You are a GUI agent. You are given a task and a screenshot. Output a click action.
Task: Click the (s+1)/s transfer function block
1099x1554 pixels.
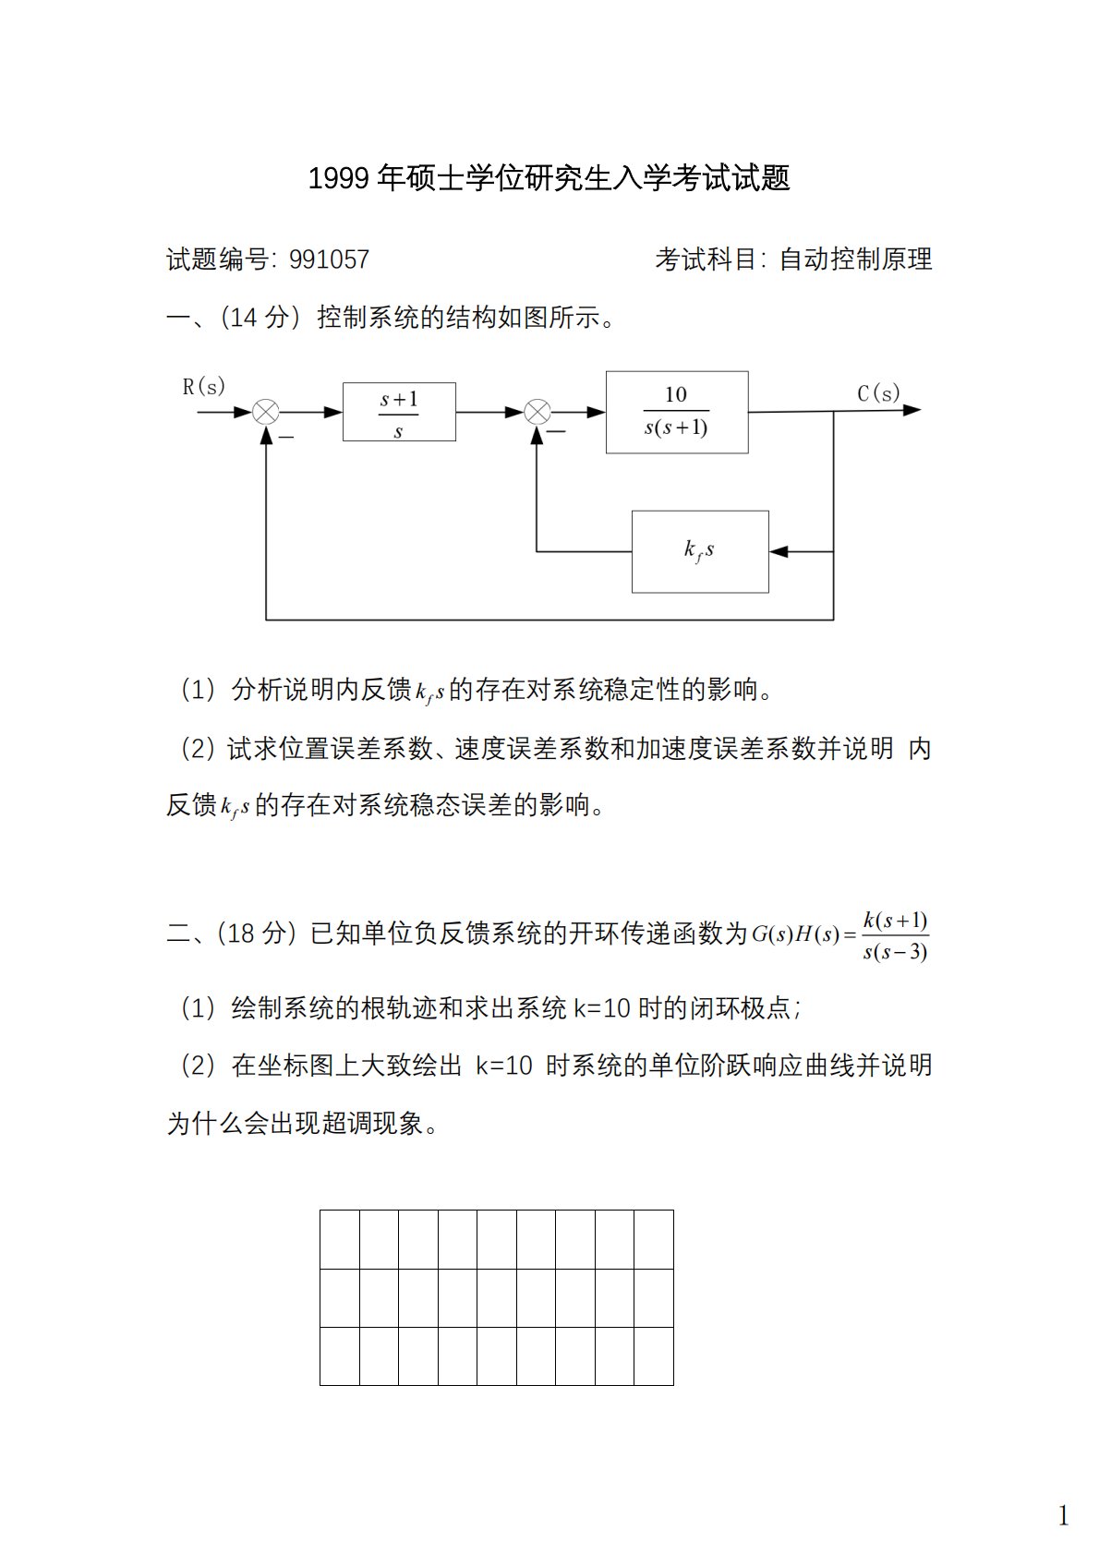point(399,412)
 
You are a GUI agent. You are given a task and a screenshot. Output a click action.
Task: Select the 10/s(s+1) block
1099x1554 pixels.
point(677,412)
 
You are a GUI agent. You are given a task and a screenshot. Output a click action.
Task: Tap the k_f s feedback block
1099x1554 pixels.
point(700,551)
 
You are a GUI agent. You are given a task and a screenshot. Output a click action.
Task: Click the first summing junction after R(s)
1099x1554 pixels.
point(266,412)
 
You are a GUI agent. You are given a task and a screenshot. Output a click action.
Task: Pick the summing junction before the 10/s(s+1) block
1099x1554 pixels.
point(537,412)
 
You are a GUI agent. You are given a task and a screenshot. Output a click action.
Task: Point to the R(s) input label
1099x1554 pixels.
point(203,387)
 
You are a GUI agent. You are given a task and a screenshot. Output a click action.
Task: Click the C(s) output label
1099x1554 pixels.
point(878,393)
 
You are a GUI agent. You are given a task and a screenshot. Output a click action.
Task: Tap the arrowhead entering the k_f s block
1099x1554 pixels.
point(779,551)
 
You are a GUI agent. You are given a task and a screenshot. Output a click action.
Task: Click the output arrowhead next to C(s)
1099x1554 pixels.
point(912,410)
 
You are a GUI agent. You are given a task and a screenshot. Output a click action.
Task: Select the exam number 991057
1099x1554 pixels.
point(329,259)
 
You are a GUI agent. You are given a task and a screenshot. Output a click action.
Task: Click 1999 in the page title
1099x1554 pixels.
point(340,178)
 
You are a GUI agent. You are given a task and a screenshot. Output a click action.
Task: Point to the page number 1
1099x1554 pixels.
point(1064,1515)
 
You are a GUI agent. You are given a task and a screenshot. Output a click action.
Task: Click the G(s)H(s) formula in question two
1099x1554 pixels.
point(839,935)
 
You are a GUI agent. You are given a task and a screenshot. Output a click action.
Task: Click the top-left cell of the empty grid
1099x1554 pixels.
point(340,1239)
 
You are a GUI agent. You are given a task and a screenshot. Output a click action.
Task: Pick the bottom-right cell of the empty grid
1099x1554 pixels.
point(654,1356)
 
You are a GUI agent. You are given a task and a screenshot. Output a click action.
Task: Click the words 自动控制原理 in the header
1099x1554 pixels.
point(855,259)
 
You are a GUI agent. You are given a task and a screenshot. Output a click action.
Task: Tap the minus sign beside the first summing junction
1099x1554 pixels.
point(286,437)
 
